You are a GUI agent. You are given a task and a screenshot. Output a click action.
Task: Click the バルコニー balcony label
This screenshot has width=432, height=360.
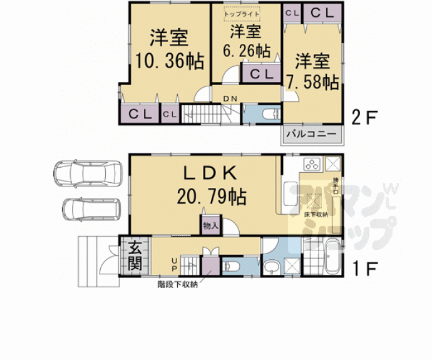pyautogui.click(x=311, y=133)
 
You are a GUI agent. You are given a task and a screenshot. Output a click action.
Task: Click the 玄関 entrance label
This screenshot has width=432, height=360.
pyautogui.click(x=135, y=256)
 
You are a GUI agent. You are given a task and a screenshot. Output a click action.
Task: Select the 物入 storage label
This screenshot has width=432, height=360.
pyautogui.click(x=210, y=225)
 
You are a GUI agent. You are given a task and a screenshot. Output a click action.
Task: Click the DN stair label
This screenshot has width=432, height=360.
pyautogui.click(x=230, y=99)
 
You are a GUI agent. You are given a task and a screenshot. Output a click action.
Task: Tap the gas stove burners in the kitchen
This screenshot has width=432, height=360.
pyautogui.click(x=311, y=165)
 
